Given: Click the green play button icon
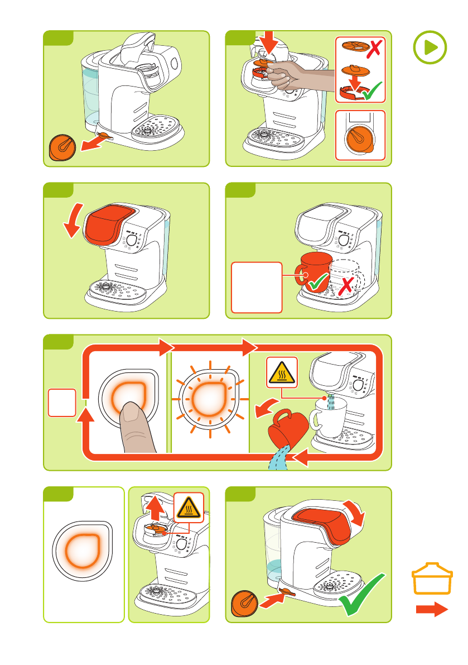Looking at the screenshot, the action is (x=430, y=47).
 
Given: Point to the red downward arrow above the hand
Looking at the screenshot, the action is (x=272, y=44).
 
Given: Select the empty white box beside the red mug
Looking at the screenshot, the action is (x=257, y=287).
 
